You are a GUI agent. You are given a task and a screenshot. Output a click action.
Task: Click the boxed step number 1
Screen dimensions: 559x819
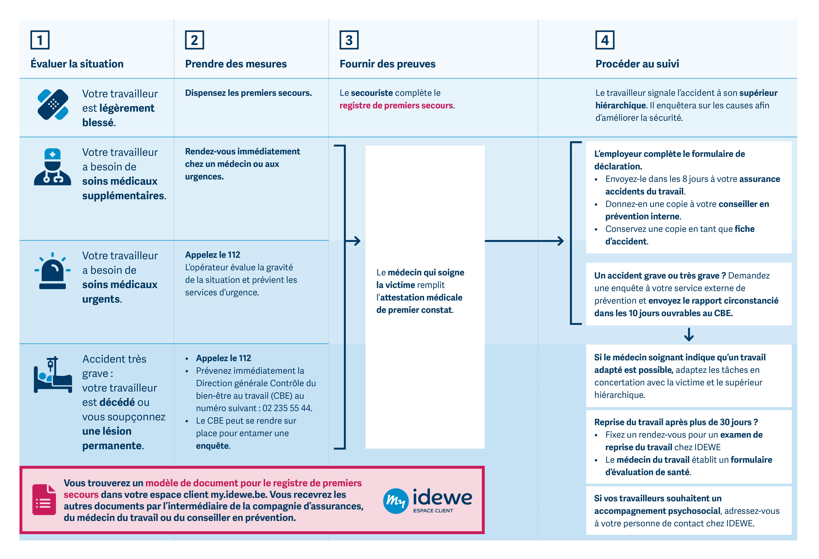point(40,40)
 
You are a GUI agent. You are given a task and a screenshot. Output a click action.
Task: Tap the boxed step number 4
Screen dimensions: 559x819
point(605,40)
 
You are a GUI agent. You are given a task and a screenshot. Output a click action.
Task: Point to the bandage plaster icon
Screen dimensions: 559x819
point(53,105)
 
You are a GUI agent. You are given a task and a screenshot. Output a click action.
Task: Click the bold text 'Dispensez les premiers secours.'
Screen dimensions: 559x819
point(248,93)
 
